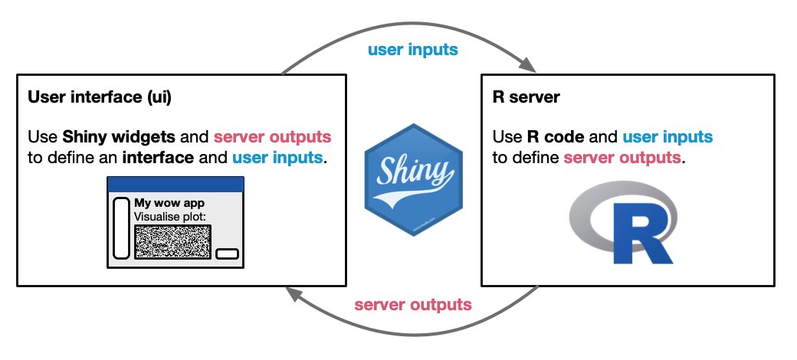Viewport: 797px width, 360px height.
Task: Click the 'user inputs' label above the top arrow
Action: [412, 51]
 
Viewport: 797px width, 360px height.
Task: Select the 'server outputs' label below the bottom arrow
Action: [412, 305]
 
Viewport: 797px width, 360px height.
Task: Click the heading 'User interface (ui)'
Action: [100, 97]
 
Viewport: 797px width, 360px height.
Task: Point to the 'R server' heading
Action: [526, 97]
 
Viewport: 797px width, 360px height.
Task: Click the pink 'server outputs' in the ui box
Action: [272, 138]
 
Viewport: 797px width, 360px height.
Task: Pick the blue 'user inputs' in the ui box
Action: [278, 159]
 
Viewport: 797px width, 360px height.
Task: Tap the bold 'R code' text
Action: [556, 138]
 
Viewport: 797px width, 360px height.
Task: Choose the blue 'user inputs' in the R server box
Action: [667, 138]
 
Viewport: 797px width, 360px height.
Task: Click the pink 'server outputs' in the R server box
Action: [622, 158]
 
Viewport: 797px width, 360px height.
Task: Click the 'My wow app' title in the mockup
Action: [169, 204]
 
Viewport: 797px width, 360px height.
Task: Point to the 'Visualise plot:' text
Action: [170, 217]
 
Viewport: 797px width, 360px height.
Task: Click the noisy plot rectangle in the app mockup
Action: [172, 241]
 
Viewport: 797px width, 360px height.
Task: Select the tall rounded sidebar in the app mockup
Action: [121, 228]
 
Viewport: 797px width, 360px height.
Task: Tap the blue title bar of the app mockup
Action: [175, 185]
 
